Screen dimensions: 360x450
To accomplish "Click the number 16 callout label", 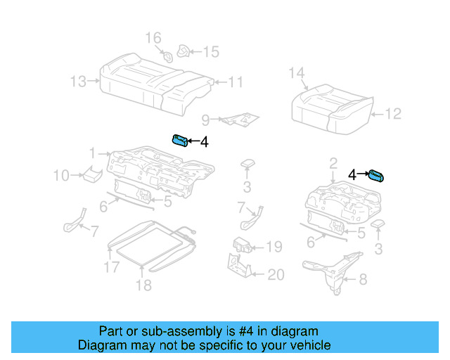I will click(153, 37).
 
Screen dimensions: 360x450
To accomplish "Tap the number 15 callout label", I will click(211, 51).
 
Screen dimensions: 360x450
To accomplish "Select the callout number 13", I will click(78, 82).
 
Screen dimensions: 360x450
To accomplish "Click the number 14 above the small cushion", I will click(297, 73).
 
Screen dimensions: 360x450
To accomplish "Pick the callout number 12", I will click(392, 113).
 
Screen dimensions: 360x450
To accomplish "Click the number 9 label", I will click(206, 120).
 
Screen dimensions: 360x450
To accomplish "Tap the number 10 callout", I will click(61, 175).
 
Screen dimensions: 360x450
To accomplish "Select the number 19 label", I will click(274, 247).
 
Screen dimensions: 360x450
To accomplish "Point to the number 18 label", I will click(143, 285).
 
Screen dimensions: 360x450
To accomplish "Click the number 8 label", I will click(363, 280).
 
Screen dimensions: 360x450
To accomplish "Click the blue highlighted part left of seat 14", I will click(179, 140).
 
